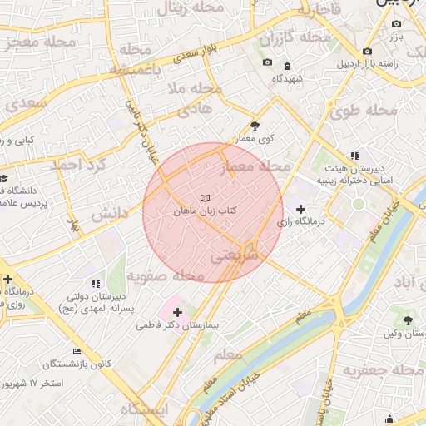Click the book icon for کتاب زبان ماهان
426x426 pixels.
tap(205, 198)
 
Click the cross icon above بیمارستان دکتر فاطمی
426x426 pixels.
tap(177, 311)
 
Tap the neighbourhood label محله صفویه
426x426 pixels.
tap(178, 275)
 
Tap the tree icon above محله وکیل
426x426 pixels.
tap(407, 319)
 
